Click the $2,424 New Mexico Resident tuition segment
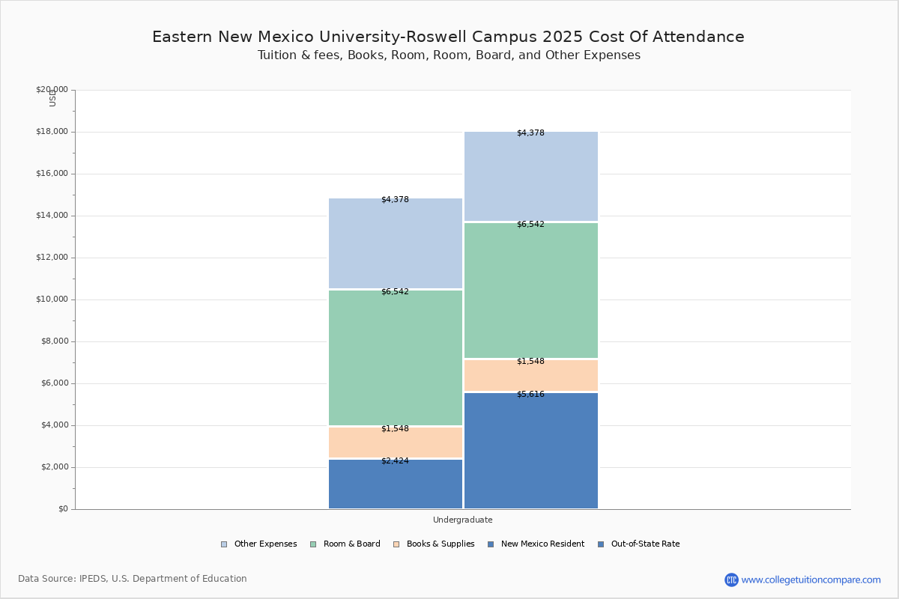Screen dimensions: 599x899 (396, 485)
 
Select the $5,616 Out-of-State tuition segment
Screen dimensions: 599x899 (530, 451)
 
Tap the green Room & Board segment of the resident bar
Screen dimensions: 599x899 (396, 358)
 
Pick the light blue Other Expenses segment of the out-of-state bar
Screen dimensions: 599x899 (530, 177)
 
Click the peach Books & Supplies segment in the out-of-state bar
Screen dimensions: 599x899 (530, 376)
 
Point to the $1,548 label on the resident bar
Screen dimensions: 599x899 (395, 429)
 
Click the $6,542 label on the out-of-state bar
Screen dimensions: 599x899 (530, 225)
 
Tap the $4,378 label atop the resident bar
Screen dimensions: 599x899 (395, 200)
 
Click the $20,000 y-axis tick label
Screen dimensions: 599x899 (52, 90)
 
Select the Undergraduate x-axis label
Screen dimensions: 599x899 (462, 520)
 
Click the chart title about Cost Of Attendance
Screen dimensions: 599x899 (448, 37)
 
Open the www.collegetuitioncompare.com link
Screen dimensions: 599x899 (811, 580)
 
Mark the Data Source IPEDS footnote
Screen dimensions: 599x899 (133, 579)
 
